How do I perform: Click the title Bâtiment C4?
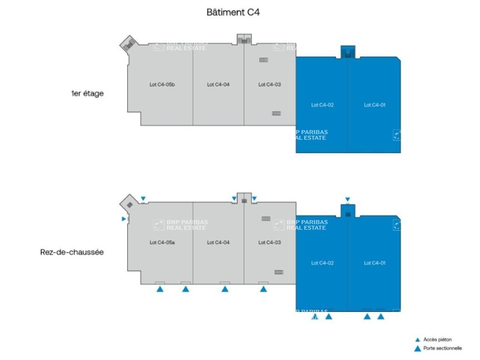click(x=233, y=12)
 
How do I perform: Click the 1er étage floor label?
click(x=87, y=93)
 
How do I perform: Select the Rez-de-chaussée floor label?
click(x=72, y=252)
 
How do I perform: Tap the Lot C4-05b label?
click(x=162, y=84)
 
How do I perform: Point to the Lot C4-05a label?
click(x=162, y=242)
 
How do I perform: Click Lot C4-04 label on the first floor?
click(x=218, y=84)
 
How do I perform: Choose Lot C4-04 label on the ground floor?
click(x=218, y=242)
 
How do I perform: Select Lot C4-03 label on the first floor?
click(x=270, y=84)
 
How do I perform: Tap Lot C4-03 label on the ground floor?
click(x=270, y=242)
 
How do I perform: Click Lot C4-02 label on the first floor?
click(x=322, y=105)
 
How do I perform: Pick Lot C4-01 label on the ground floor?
click(x=375, y=263)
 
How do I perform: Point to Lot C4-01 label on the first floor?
click(x=375, y=105)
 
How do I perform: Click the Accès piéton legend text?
click(x=437, y=339)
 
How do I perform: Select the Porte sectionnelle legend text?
click(x=442, y=348)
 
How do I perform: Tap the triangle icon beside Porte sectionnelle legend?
click(x=417, y=348)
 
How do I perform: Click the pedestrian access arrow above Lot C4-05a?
click(x=143, y=199)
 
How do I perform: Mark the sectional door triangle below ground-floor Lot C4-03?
click(x=264, y=289)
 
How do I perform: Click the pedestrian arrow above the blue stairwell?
click(x=348, y=199)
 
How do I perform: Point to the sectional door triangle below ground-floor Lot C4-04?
click(x=225, y=289)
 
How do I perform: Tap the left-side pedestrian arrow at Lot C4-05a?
click(x=123, y=219)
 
